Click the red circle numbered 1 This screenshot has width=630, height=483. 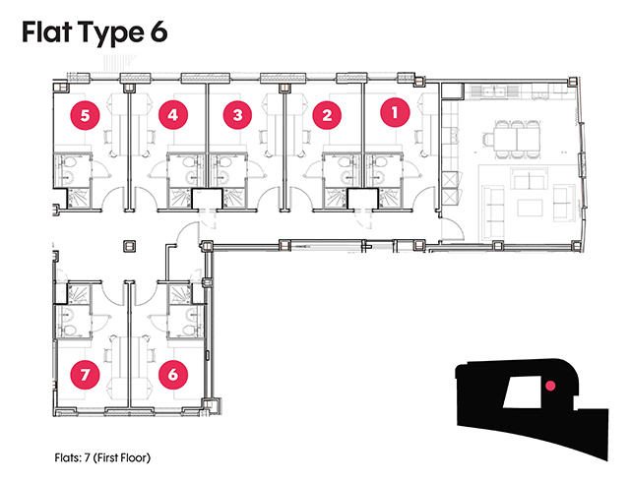click(x=395, y=112)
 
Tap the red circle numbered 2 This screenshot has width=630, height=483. click(x=327, y=115)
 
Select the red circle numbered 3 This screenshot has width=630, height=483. click(x=238, y=115)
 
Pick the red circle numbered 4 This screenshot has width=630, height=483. click(x=173, y=115)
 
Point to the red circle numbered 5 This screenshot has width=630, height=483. click(x=85, y=115)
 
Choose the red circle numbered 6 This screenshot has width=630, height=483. click(x=173, y=375)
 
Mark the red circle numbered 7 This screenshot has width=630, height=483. click(x=85, y=375)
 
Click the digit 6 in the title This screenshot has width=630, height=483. click(x=159, y=32)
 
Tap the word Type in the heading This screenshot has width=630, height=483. click(x=111, y=33)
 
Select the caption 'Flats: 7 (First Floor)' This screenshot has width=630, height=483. click(x=102, y=457)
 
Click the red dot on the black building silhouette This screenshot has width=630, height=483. click(x=550, y=386)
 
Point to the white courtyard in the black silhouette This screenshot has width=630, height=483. click(x=522, y=392)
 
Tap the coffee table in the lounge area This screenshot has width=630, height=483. click(x=531, y=208)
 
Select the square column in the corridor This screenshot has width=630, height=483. click(x=129, y=246)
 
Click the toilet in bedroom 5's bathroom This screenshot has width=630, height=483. click(x=69, y=162)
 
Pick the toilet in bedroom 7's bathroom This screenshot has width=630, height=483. click(x=69, y=331)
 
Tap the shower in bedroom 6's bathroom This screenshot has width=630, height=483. click(x=179, y=294)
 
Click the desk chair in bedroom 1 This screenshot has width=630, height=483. click(x=419, y=138)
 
